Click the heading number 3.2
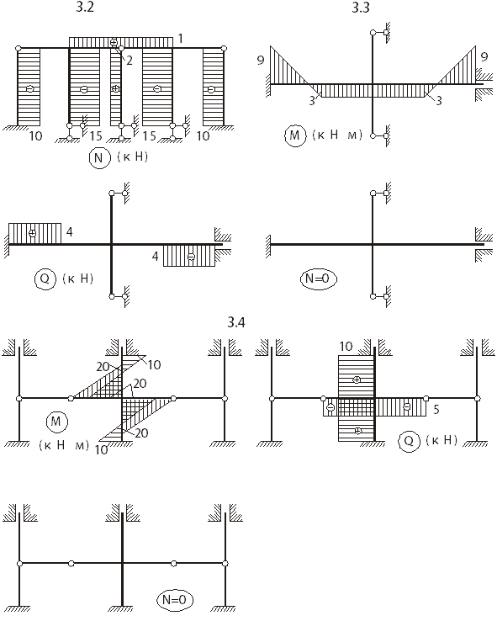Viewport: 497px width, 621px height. pyautogui.click(x=85, y=7)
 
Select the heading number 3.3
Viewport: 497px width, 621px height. pyautogui.click(x=361, y=8)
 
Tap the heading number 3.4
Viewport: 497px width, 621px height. pyautogui.click(x=235, y=322)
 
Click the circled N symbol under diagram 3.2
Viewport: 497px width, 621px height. pyautogui.click(x=99, y=158)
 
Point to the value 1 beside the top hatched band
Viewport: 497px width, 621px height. pyautogui.click(x=181, y=39)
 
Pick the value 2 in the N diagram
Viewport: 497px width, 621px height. pyautogui.click(x=129, y=61)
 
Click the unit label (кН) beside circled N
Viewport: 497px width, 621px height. pyautogui.click(x=133, y=157)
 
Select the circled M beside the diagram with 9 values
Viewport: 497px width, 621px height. pyautogui.click(x=295, y=135)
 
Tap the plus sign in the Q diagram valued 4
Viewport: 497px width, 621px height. pyautogui.click(x=33, y=233)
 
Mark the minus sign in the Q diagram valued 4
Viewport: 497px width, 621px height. pyautogui.click(x=191, y=257)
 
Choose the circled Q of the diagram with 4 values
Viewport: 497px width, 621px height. pyautogui.click(x=45, y=279)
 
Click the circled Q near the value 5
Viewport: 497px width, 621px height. pyautogui.click(x=409, y=441)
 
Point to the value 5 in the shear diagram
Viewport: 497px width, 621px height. pyautogui.click(x=436, y=409)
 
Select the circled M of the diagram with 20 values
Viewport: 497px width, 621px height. pyautogui.click(x=56, y=422)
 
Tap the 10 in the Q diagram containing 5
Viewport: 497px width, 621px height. pyautogui.click(x=346, y=347)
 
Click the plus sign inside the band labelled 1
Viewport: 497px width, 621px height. pyautogui.click(x=114, y=42)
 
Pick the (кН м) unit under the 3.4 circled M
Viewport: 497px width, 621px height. pyautogui.click(x=64, y=445)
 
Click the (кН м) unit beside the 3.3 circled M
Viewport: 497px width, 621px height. pyautogui.click(x=337, y=135)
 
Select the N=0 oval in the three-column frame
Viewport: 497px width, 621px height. pyautogui.click(x=174, y=600)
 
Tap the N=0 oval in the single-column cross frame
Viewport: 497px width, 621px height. pyautogui.click(x=318, y=279)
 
